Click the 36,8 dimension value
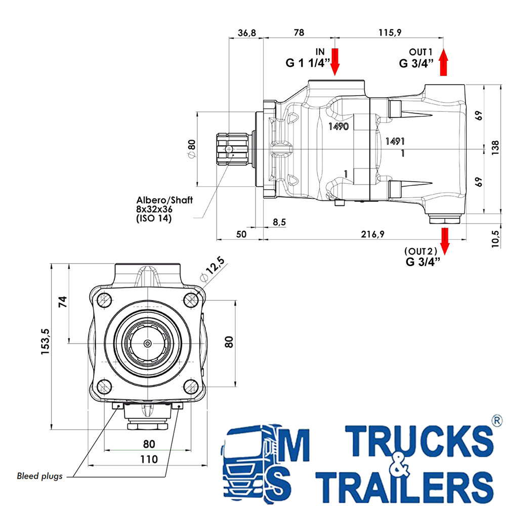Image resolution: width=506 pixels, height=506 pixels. (247, 32)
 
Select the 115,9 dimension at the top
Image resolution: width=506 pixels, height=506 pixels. (390, 32)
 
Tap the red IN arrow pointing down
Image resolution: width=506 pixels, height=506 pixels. (335, 62)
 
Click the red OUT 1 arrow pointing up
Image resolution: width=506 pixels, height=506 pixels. (444, 62)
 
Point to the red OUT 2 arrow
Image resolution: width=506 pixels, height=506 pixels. (445, 241)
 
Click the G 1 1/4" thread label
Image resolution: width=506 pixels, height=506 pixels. (308, 63)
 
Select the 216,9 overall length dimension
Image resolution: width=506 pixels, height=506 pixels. (373, 234)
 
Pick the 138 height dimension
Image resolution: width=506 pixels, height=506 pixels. (495, 148)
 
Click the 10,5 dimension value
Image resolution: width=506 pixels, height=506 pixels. (495, 238)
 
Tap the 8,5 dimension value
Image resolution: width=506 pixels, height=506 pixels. (279, 222)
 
